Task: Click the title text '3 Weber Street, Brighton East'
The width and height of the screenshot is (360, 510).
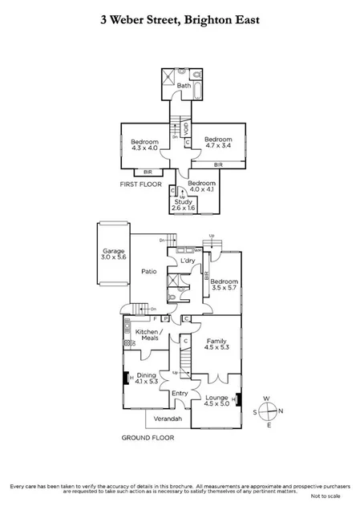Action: click(180, 17)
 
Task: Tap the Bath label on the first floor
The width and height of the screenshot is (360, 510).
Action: click(184, 86)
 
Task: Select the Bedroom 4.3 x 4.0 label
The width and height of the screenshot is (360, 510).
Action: click(145, 144)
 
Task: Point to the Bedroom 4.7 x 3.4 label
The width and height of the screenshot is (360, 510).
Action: click(217, 142)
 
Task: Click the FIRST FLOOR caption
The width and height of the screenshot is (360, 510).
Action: click(138, 184)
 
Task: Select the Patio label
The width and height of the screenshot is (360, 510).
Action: click(148, 271)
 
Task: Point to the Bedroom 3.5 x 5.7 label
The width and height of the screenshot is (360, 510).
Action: click(224, 285)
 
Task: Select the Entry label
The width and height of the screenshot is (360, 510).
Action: click(180, 393)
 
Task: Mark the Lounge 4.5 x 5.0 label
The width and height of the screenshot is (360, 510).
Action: click(216, 401)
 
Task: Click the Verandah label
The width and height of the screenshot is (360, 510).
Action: click(168, 419)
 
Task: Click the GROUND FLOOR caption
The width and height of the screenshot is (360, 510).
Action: click(147, 438)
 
